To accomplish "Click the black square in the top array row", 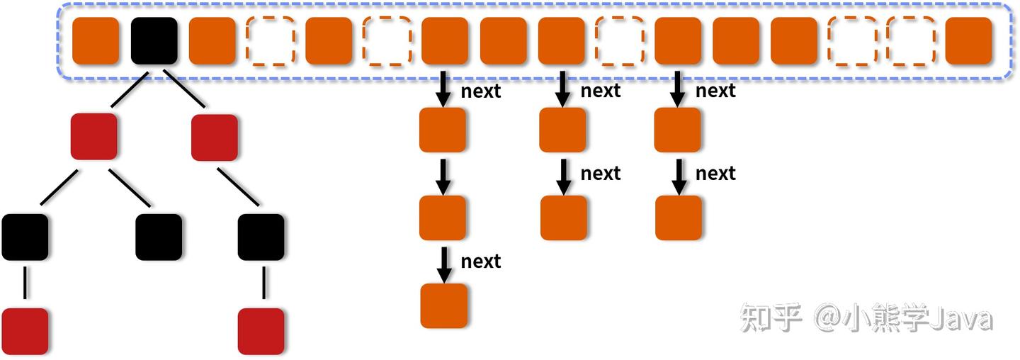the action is [x=154, y=40].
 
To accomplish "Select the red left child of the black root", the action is [x=93, y=137].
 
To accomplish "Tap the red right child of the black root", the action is [x=215, y=137].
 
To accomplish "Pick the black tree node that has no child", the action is [x=159, y=237].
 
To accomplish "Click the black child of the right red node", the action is [x=261, y=237].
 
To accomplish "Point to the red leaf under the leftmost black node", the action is [x=25, y=331].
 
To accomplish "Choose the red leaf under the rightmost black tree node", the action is [x=261, y=331].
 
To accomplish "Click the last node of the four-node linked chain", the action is [x=444, y=305].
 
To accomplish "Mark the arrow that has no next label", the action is [x=443, y=176].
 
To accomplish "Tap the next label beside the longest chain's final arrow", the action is [x=480, y=261].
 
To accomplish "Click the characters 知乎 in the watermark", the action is [x=771, y=317].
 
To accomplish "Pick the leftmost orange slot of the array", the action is [x=96, y=40].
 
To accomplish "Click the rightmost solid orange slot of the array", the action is [x=968, y=40].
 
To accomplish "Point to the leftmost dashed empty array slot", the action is [x=271, y=40].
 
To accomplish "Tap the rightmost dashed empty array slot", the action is [x=911, y=40].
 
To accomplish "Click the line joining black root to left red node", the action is [x=130, y=90].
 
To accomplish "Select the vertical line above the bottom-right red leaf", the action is [x=264, y=283].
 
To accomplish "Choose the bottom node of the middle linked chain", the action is [x=564, y=218].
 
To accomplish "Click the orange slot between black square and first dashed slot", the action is [x=212, y=40].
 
